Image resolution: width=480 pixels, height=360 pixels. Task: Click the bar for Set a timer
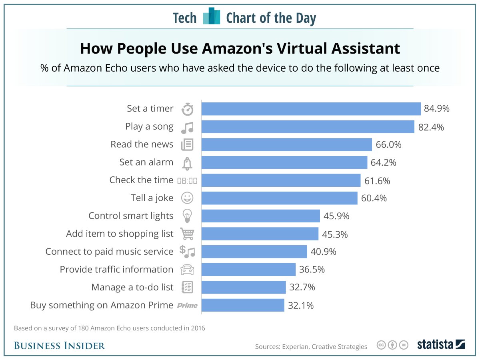(x=311, y=109)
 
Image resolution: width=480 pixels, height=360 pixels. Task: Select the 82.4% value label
(x=431, y=127)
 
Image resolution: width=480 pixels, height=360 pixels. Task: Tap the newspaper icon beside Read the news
(x=187, y=145)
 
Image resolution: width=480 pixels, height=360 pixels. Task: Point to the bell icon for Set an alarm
(x=187, y=163)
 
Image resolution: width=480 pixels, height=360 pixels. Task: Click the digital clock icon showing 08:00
(x=187, y=181)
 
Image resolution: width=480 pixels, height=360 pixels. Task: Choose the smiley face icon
(x=187, y=198)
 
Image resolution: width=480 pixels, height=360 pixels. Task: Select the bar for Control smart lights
(x=260, y=216)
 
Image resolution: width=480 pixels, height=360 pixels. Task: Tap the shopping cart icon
(x=187, y=234)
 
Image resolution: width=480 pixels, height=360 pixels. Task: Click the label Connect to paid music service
(x=109, y=252)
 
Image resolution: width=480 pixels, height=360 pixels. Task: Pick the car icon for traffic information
(x=187, y=270)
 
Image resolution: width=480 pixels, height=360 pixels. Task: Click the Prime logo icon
(x=187, y=306)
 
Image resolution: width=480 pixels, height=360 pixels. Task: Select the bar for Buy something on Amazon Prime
(x=242, y=305)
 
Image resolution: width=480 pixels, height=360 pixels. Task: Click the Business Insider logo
(x=59, y=346)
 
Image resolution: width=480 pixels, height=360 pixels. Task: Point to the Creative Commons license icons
(x=392, y=345)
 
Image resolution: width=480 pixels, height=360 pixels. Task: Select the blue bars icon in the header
(x=212, y=16)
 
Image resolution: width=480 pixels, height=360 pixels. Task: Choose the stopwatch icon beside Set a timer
(x=187, y=109)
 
